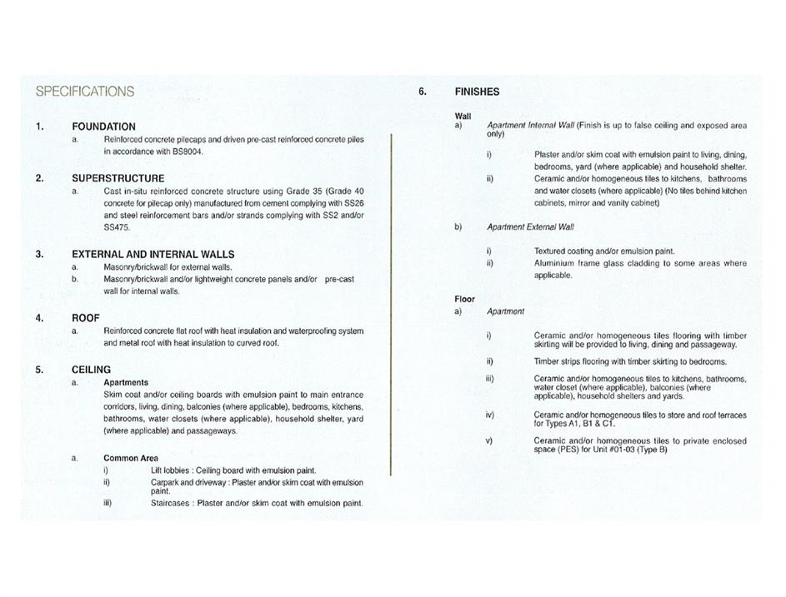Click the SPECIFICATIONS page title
click(84, 91)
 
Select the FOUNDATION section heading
click(103, 127)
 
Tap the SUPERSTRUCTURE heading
click(118, 178)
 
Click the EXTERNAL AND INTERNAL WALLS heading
click(153, 254)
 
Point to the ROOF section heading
click(86, 318)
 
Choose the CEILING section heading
click(91, 370)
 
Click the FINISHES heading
click(478, 92)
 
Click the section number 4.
click(39, 318)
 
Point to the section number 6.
click(423, 92)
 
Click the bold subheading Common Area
click(131, 458)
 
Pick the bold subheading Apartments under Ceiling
click(126, 383)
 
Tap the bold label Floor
click(464, 299)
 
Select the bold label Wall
click(463, 116)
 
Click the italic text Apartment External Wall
click(530, 226)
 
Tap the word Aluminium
click(556, 263)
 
